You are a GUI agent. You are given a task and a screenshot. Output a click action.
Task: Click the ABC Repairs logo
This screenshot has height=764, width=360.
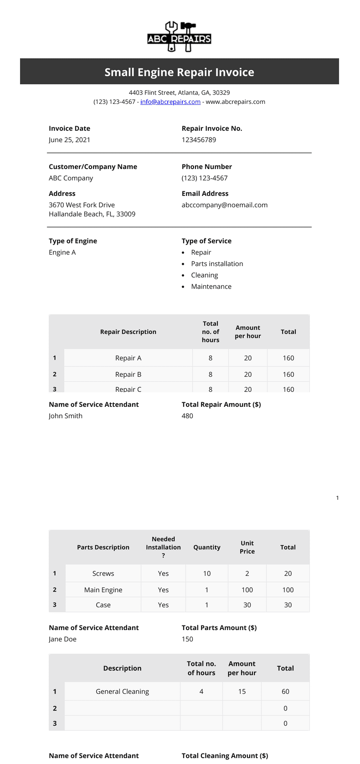(179, 37)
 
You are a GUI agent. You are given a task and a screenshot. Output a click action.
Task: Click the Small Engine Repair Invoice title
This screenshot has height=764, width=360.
(179, 72)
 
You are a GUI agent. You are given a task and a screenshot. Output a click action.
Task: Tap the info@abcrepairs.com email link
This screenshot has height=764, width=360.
(170, 102)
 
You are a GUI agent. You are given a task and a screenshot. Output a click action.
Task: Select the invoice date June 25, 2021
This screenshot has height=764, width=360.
(69, 140)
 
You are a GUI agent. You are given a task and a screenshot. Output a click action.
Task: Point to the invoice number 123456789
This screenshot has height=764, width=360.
(199, 140)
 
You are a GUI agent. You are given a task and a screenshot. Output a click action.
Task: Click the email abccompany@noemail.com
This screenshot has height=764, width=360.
(224, 205)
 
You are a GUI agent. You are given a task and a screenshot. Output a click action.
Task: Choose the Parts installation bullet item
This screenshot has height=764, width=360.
(217, 264)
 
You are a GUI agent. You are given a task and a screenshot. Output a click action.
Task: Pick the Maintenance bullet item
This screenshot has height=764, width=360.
(211, 287)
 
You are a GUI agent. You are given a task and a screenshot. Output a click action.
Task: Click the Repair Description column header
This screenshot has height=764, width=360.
(128, 332)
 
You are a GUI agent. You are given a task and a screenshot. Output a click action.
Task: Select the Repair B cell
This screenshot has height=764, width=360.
(128, 374)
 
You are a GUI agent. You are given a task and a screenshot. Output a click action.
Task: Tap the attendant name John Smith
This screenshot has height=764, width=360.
(66, 416)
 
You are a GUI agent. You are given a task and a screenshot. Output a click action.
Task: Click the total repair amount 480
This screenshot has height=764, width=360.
(187, 416)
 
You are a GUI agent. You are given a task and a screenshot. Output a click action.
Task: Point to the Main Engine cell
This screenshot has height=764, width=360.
(103, 590)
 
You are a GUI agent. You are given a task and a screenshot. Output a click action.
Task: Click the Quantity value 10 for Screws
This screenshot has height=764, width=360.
(207, 574)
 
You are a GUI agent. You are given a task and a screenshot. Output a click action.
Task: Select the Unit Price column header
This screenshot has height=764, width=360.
(247, 547)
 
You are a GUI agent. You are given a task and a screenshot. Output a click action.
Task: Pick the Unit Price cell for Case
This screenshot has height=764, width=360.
(247, 605)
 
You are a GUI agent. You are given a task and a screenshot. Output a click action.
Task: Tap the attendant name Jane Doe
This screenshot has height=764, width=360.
(62, 639)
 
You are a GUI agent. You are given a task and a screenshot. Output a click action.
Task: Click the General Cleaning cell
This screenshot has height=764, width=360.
(122, 692)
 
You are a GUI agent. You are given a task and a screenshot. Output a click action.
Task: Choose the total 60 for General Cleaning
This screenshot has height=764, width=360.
(285, 692)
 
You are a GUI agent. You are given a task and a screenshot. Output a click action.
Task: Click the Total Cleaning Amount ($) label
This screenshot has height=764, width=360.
(225, 756)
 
